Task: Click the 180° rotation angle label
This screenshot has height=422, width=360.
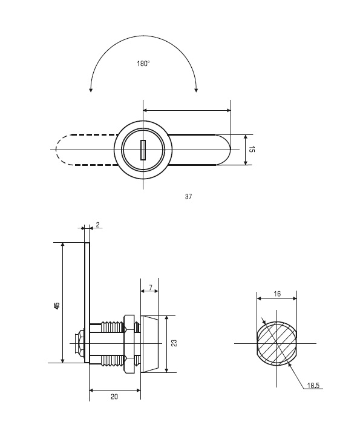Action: point(143,64)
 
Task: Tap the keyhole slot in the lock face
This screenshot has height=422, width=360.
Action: point(143,150)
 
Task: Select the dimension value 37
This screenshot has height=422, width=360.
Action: point(188,197)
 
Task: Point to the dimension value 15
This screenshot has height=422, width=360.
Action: point(251,150)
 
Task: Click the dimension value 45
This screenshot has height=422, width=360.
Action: point(57,306)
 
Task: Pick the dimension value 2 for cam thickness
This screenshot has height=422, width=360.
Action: point(97,225)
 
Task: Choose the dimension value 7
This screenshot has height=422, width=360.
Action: point(151,288)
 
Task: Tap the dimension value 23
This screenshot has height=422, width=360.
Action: point(174,343)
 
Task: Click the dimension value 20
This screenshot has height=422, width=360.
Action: point(114,397)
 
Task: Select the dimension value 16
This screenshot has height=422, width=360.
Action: point(277,294)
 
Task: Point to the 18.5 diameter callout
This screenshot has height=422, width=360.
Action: point(313,386)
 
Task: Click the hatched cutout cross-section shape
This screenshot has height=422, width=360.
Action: point(277,343)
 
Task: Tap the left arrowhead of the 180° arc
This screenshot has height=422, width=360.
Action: point(91,90)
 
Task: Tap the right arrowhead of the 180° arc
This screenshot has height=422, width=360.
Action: point(196,90)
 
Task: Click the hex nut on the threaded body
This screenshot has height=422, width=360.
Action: point(129,344)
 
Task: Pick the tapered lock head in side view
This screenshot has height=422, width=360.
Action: point(149,344)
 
